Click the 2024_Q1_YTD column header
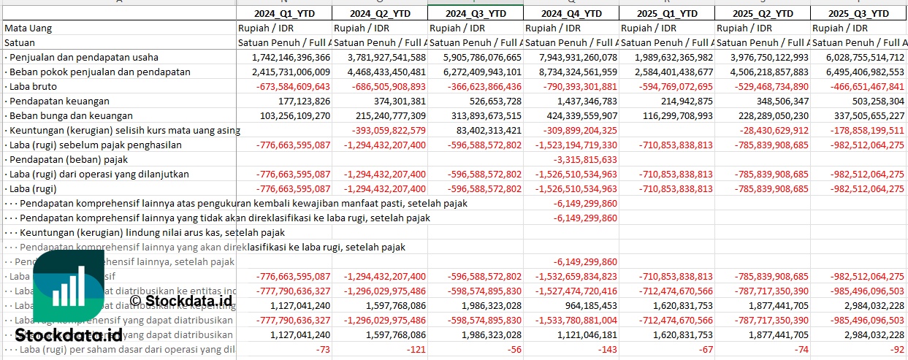(x=283, y=13)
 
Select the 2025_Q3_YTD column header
(x=860, y=13)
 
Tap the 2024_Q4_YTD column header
(x=572, y=13)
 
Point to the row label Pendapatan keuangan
(x=60, y=101)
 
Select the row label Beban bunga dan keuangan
(x=72, y=115)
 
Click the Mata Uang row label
(x=28, y=28)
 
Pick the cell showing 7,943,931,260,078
(x=572, y=57)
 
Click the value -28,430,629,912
(x=768, y=130)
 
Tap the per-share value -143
(x=606, y=349)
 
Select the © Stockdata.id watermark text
(x=181, y=299)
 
